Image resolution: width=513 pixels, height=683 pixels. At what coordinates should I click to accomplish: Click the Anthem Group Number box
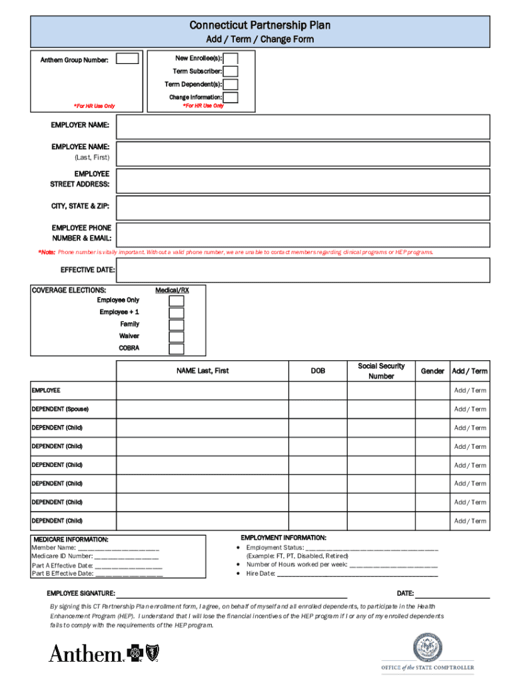pyautogui.click(x=127, y=59)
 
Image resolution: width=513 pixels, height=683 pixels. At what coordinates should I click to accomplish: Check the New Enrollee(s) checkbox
pyautogui.click(x=231, y=59)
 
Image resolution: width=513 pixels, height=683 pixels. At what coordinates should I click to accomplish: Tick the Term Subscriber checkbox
pyautogui.click(x=231, y=71)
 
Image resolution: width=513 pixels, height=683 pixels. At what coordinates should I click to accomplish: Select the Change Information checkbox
pyautogui.click(x=231, y=97)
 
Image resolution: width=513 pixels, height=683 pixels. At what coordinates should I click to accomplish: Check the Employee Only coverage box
pyautogui.click(x=177, y=301)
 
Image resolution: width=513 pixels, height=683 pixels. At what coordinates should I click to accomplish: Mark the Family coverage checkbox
pyautogui.click(x=177, y=325)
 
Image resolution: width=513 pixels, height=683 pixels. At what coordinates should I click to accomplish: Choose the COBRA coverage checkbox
pyautogui.click(x=177, y=349)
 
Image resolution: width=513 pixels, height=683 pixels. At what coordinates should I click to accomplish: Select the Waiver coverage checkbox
pyautogui.click(x=177, y=337)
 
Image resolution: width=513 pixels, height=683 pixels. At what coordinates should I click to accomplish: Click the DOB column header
pyautogui.click(x=318, y=371)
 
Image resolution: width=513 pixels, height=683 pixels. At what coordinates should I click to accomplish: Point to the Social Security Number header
pyautogui.click(x=381, y=371)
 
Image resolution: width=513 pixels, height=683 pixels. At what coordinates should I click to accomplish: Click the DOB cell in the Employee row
pyautogui.click(x=318, y=391)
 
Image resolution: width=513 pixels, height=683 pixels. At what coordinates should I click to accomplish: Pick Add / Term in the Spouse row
pyautogui.click(x=470, y=410)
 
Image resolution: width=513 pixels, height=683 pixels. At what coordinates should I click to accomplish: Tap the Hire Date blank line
pyautogui.click(x=357, y=574)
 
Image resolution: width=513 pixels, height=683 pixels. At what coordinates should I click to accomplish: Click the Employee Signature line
pyautogui.click(x=232, y=593)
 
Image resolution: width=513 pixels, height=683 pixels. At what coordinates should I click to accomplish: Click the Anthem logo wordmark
pyautogui.click(x=85, y=654)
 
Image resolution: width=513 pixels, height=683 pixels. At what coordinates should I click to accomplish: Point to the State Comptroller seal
pyautogui.click(x=428, y=646)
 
